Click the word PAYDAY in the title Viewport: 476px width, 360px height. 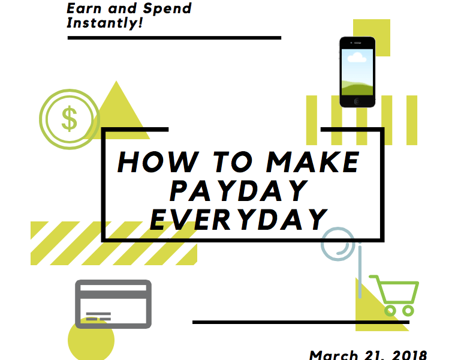239,190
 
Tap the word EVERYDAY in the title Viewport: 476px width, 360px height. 239,219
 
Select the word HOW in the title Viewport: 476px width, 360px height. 158,162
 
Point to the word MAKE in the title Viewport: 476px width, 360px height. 313,162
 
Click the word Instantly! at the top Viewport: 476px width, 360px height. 104,23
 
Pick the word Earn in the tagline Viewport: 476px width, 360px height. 83,8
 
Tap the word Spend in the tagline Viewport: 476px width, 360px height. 167,9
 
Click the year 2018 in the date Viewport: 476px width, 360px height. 409,355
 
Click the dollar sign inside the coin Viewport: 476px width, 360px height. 70,119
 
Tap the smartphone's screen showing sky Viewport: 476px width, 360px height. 357,73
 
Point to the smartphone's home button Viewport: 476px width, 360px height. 357,101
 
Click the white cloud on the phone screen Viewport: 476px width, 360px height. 357,58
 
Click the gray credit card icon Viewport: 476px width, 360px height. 113,304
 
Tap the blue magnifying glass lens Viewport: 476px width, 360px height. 338,244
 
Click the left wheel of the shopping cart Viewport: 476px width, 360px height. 390,311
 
